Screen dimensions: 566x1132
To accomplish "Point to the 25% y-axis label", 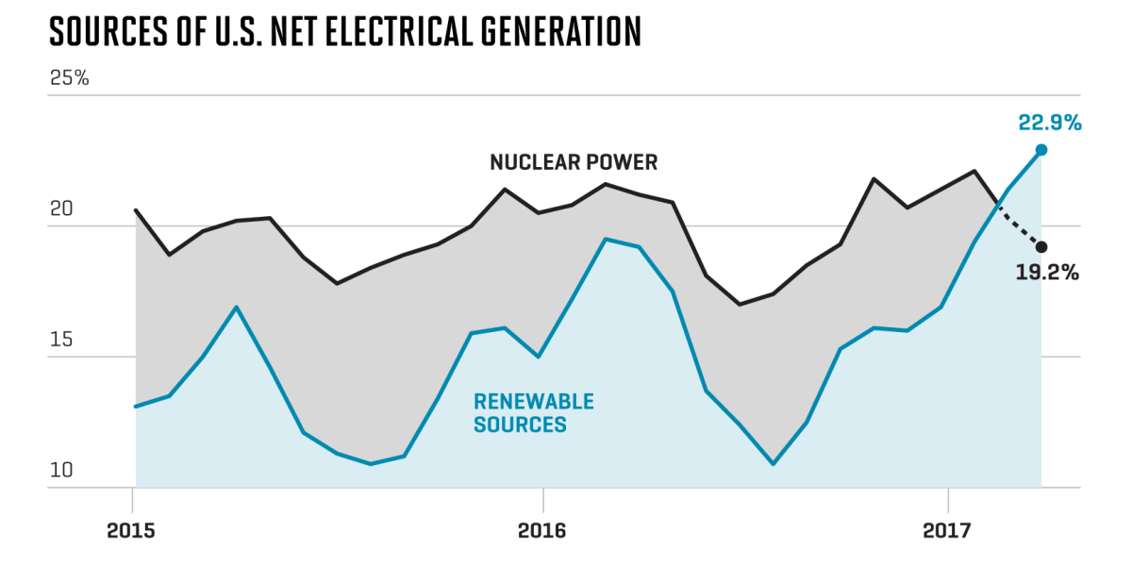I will [x=69, y=78].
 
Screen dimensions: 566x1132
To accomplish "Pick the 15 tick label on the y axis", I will [x=60, y=340].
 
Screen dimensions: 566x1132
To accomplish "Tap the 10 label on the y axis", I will [x=60, y=470].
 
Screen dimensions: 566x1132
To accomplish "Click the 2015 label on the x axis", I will [x=133, y=531].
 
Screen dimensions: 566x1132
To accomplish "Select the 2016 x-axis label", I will [x=542, y=531].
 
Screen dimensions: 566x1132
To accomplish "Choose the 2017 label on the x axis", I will [x=947, y=531].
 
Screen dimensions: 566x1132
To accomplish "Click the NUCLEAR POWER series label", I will [x=574, y=162].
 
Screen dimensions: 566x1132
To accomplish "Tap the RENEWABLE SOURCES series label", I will [x=533, y=413].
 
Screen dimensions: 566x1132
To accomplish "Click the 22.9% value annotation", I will [x=1049, y=123].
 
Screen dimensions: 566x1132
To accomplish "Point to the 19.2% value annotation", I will [x=1048, y=274].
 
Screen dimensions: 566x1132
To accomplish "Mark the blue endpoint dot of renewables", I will [x=1041, y=149].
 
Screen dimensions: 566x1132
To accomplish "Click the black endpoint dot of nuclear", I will [x=1041, y=247].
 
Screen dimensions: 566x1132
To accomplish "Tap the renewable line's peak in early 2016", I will [x=606, y=239].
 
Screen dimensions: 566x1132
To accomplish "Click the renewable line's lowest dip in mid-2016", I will [x=774, y=464].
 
